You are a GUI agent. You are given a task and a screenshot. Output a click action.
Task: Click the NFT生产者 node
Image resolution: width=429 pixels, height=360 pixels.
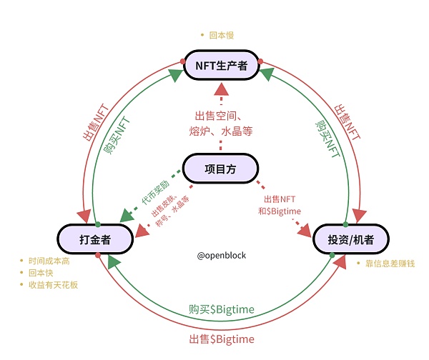point(222,66)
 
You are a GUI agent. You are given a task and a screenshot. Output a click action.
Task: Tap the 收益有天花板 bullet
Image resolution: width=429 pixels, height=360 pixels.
point(52,285)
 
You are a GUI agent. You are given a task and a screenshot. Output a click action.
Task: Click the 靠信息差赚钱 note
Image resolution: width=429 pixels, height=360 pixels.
point(389,264)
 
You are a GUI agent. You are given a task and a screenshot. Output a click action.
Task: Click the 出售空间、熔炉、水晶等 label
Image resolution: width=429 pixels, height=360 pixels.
point(222,123)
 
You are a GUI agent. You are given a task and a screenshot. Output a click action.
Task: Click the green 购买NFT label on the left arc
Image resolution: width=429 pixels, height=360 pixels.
point(117,134)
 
